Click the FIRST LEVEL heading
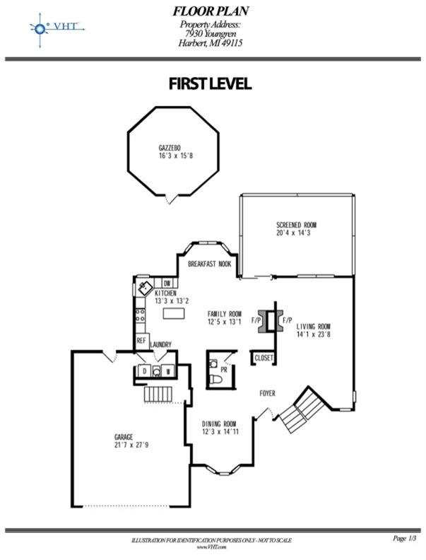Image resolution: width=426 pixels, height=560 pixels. pos(210,83)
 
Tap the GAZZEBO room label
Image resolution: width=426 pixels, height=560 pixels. pos(170,148)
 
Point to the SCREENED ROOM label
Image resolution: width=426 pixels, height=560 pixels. pos(296,225)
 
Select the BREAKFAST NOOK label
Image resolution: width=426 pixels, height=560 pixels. pos(209,264)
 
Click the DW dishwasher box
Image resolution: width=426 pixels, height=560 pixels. pos(167,284)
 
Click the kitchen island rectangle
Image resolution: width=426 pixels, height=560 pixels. pos(174,313)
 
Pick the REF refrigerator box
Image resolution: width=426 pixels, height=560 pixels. pos(142,340)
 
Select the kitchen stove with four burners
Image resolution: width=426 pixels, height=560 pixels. pos(141,315)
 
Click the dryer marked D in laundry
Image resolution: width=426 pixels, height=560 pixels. pos(145,371)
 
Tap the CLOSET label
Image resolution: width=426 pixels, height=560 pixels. pos(264,358)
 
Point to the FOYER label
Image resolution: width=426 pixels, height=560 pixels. pos(267,393)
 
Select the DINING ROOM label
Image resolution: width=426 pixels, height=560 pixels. pos(219,424)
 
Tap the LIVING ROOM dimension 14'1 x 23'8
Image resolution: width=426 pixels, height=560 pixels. pos(313,334)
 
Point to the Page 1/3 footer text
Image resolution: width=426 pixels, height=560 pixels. pos(405,538)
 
